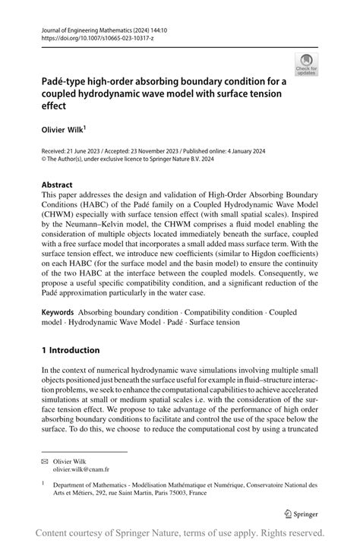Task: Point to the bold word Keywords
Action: [x=58, y=312]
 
